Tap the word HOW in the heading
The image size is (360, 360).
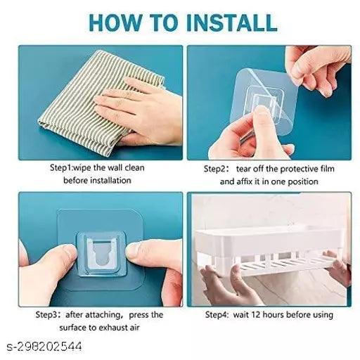pyautogui.click(x=115, y=22)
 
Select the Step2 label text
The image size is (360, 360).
pyautogui.click(x=214, y=169)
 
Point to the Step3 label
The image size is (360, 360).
pyautogui.click(x=46, y=314)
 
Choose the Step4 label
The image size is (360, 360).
pyautogui.click(x=217, y=315)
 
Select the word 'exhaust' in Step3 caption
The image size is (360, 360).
pyautogui.click(x=112, y=327)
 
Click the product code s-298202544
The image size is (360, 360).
pyautogui.click(x=44, y=346)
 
